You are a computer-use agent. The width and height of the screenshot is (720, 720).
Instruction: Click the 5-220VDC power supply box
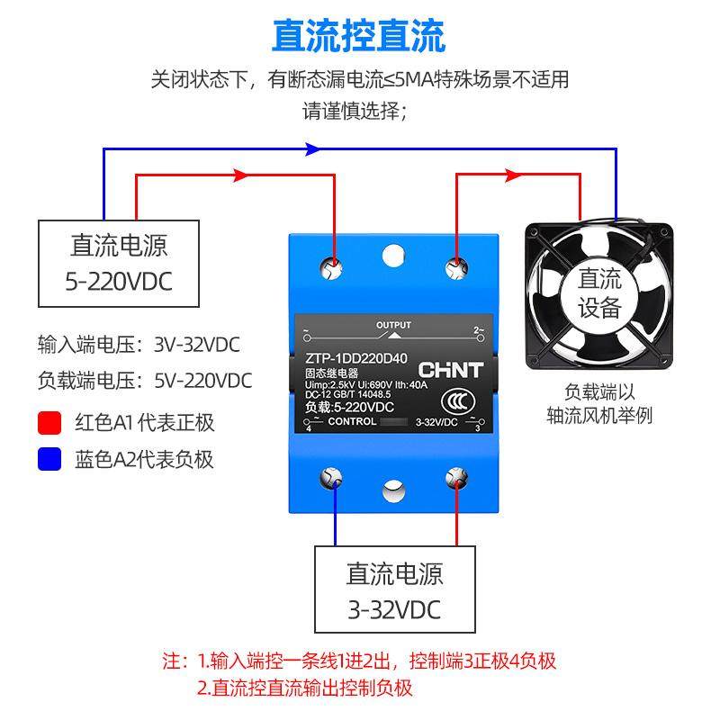click(x=119, y=264)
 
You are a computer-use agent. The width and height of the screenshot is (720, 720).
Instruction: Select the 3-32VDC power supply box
click(x=394, y=589)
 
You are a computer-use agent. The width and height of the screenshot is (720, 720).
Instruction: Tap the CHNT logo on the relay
click(x=451, y=369)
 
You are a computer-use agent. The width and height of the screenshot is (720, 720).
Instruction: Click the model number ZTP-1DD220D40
click(x=351, y=357)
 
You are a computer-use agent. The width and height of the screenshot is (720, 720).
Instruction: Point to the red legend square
click(x=49, y=422)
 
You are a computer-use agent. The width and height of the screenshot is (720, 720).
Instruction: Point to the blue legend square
click(x=49, y=460)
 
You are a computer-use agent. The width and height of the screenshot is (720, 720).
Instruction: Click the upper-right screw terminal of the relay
click(x=457, y=265)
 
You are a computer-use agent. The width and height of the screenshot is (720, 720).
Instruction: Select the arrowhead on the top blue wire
click(x=311, y=148)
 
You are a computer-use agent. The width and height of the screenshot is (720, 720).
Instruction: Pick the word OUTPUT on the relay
click(x=393, y=325)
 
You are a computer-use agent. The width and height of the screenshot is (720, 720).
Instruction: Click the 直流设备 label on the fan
click(x=599, y=292)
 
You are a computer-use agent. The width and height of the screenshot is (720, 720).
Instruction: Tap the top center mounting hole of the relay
click(x=392, y=256)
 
